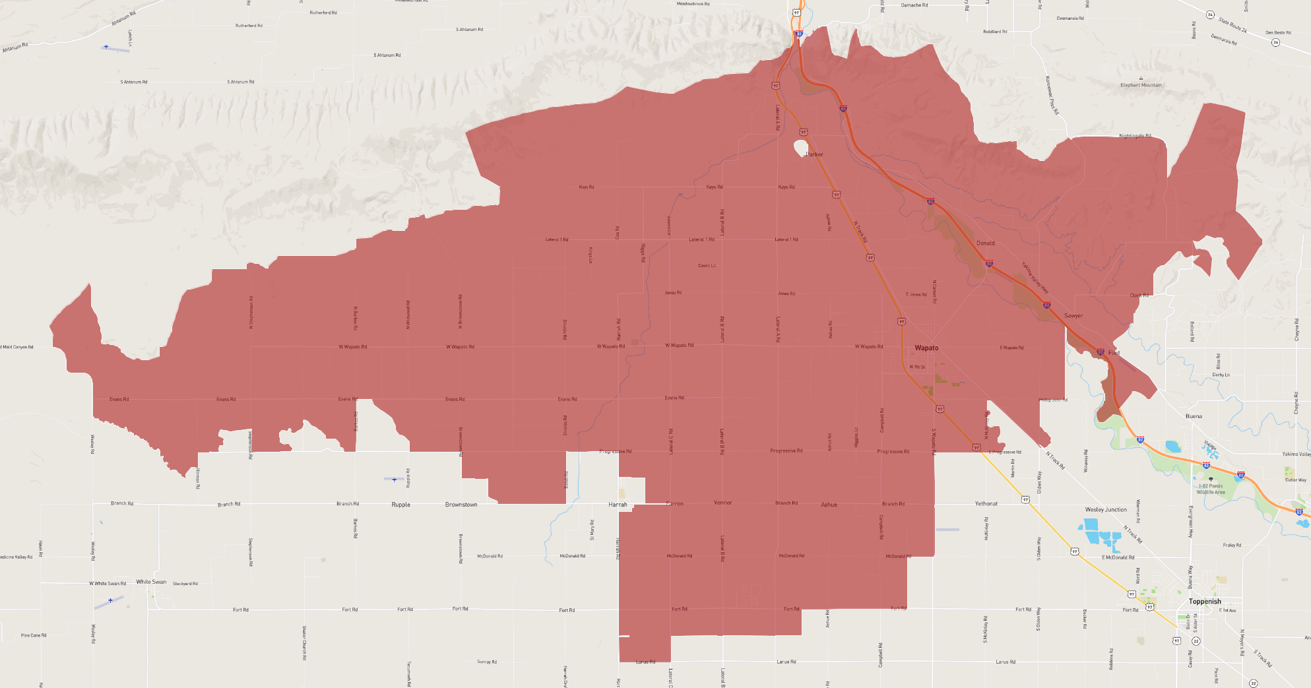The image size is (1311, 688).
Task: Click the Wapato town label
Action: (926, 348)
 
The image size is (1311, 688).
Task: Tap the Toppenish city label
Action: (1205, 602)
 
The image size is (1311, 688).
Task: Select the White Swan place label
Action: (151, 582)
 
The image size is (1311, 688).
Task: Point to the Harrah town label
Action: (618, 505)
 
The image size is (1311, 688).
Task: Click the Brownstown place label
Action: (461, 505)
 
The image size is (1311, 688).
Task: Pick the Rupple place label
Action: (400, 505)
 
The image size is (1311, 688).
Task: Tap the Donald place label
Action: (985, 243)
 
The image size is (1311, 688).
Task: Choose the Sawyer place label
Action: (1073, 316)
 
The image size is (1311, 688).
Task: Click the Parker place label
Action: (815, 154)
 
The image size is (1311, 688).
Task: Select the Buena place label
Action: (1194, 416)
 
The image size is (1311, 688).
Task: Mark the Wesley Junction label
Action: (1106, 510)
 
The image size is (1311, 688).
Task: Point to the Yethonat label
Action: (986, 503)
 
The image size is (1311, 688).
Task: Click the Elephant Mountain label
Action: (1141, 85)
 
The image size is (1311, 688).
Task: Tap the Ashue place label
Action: (829, 505)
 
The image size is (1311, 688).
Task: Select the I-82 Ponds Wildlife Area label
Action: (1211, 489)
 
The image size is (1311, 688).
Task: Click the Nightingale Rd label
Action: (1135, 136)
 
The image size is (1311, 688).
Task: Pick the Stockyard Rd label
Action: (185, 584)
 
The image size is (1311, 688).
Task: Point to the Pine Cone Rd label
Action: (33, 635)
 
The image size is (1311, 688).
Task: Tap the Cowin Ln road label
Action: (707, 266)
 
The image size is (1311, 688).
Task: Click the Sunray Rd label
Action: (487, 662)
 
